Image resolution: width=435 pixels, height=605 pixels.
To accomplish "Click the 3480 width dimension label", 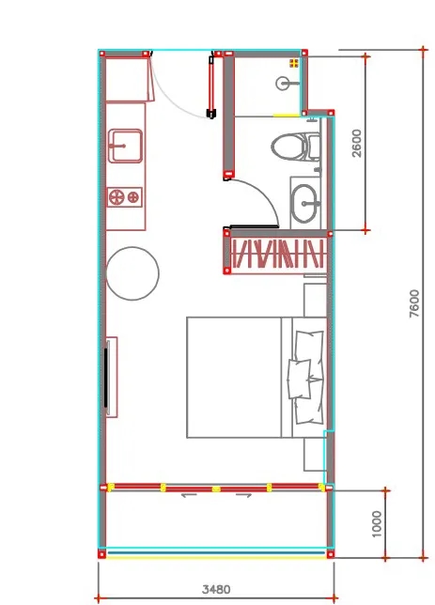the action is tap(216, 589).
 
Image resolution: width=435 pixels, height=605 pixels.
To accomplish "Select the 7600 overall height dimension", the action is tap(413, 303).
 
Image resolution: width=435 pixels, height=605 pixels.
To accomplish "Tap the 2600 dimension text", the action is tap(357, 143).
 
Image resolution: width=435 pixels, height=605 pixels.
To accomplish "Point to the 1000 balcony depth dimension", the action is tap(377, 523).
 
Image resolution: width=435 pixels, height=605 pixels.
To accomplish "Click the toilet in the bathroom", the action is tap(296, 147).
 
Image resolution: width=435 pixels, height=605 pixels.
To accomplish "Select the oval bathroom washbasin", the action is tap(305, 203).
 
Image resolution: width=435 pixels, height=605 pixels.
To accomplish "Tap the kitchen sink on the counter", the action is tap(125, 146).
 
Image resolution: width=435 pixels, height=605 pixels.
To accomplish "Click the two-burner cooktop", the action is tap(124, 197).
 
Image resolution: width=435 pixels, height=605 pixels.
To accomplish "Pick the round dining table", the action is tap(132, 273).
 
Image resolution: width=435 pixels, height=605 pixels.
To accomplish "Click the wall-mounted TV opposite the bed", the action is tap(106, 378).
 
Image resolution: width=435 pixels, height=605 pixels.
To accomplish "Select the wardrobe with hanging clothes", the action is tap(277, 254).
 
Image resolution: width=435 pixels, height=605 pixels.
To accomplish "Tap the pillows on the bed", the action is tap(305, 378).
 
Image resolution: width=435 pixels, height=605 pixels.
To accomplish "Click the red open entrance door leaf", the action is tap(211, 86).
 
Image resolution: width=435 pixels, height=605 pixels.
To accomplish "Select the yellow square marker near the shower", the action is tap(294, 63).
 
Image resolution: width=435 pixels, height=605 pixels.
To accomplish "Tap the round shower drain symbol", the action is tap(283, 84).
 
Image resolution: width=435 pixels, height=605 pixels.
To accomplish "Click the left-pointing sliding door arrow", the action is tap(189, 495).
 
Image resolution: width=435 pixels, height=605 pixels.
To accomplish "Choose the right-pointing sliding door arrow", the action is tap(244, 495).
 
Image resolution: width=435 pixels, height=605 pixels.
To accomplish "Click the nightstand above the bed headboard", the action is tap(316, 301).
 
